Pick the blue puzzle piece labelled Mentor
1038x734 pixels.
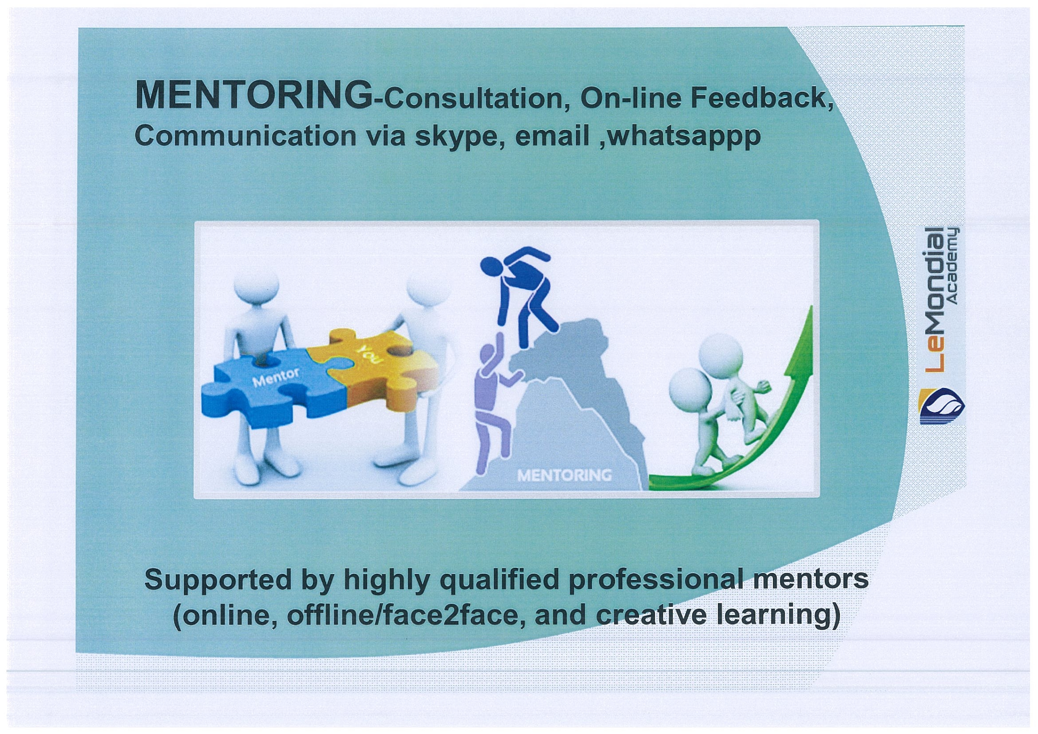click(271, 389)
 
